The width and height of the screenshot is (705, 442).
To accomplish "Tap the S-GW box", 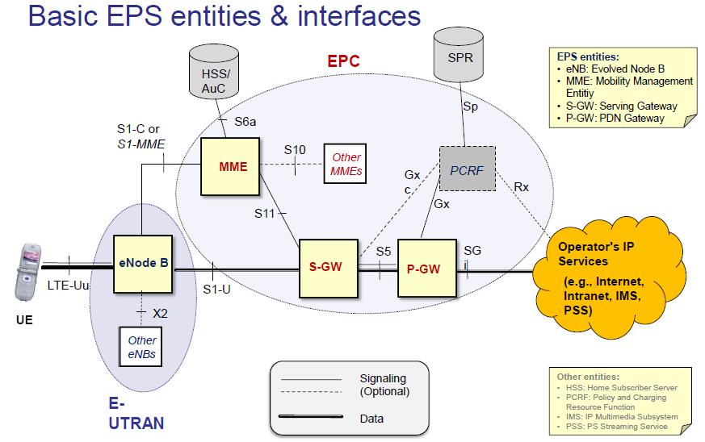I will tap(328, 266).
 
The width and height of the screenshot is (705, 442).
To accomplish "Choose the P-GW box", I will tap(422, 269).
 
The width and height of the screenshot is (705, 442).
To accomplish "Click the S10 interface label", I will tap(295, 150).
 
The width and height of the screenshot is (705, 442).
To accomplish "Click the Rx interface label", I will tap(522, 186).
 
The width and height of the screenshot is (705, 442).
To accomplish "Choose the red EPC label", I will tap(343, 60).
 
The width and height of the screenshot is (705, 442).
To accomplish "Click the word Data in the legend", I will tap(371, 419).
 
